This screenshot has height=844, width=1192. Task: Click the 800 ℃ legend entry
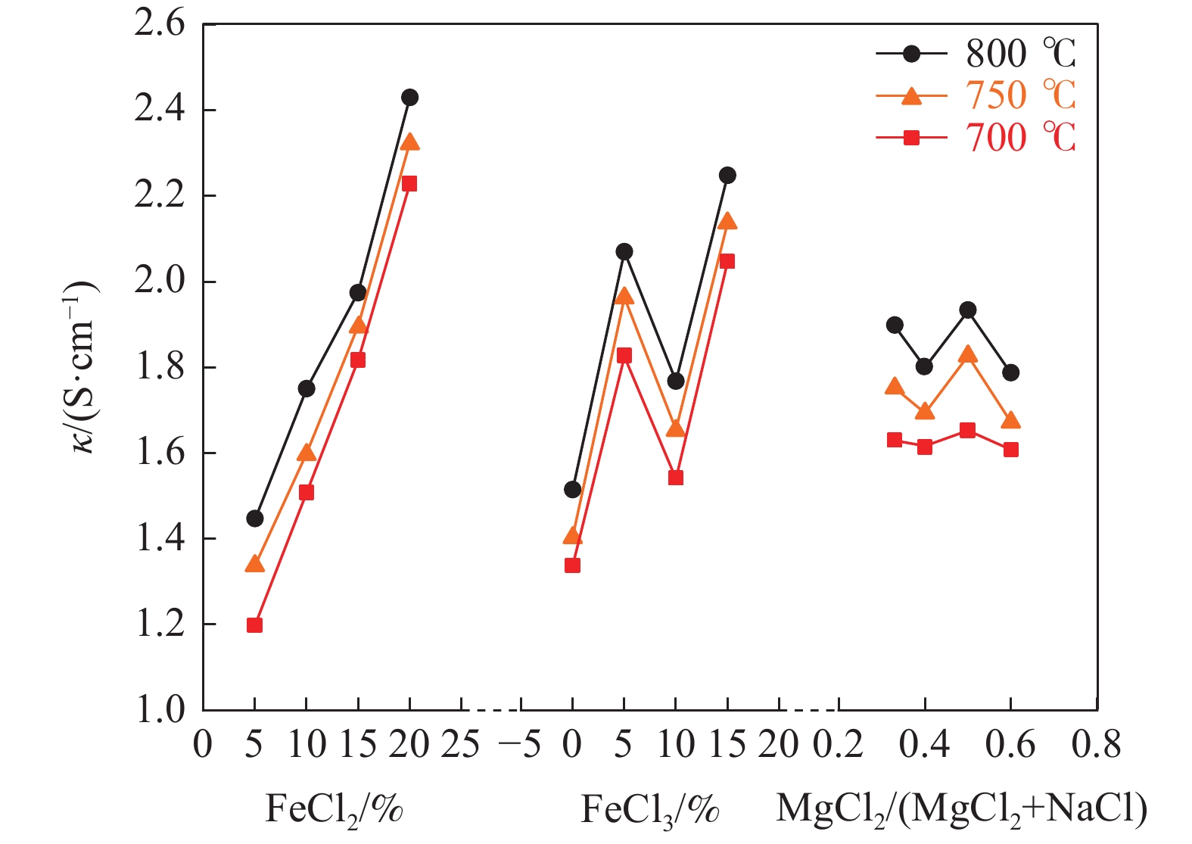pos(976,54)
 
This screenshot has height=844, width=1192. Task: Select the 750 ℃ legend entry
pos(976,96)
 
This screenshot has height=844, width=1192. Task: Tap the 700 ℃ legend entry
pos(976,138)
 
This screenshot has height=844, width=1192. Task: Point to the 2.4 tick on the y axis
pos(160,110)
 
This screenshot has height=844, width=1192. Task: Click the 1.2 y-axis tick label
pos(160,624)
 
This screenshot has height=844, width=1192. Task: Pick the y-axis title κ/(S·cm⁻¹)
pos(83,367)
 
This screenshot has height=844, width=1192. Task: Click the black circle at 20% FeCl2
pos(409,98)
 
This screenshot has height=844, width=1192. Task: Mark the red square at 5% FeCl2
pos(254,625)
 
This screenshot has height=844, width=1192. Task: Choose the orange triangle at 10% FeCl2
pos(306,453)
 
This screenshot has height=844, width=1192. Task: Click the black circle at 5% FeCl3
pos(624,251)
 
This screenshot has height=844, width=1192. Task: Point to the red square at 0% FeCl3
pos(572,565)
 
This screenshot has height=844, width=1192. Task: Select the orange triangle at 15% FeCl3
pos(727,221)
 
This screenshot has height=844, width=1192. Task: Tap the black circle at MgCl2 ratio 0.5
pos(967,310)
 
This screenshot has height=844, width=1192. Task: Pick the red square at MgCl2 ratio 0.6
pos(1010,450)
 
